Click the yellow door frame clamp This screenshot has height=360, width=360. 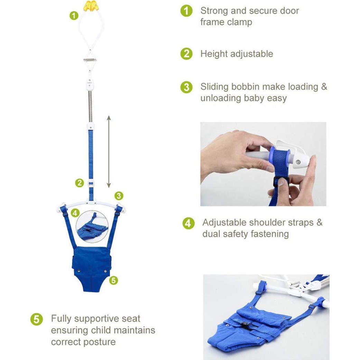pos(91,6)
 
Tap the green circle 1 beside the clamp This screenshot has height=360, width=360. pos(74,16)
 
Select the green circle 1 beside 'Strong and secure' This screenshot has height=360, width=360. pos(186,11)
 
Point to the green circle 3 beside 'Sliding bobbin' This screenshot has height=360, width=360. pos(186,87)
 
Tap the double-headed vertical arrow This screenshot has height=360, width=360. pos(109,151)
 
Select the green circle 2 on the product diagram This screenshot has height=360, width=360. pos(80,183)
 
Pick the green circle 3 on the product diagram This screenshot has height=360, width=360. pos(119,196)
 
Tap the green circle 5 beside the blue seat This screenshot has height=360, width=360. pos(114,280)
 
